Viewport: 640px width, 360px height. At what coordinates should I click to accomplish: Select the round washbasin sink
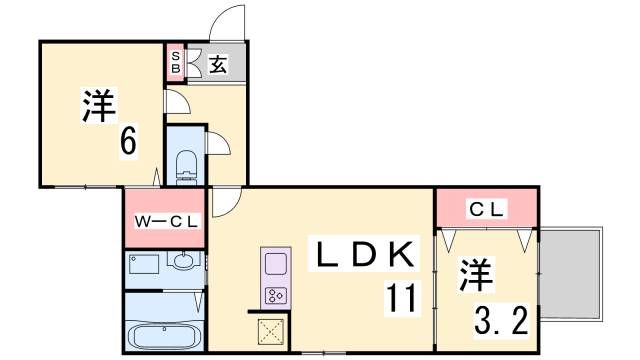click(x=184, y=263)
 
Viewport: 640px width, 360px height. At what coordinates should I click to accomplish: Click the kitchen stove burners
click(x=275, y=295)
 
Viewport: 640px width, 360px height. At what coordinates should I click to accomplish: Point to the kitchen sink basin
click(x=275, y=265)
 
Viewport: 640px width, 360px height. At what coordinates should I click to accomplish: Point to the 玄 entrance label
click(x=218, y=64)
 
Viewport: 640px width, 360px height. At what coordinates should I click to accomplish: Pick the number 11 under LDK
click(x=400, y=297)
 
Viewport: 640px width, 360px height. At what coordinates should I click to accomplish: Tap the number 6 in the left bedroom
click(x=128, y=142)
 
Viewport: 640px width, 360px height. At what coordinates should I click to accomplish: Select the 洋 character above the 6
click(x=98, y=107)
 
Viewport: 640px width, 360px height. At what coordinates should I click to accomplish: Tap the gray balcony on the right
click(x=573, y=272)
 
